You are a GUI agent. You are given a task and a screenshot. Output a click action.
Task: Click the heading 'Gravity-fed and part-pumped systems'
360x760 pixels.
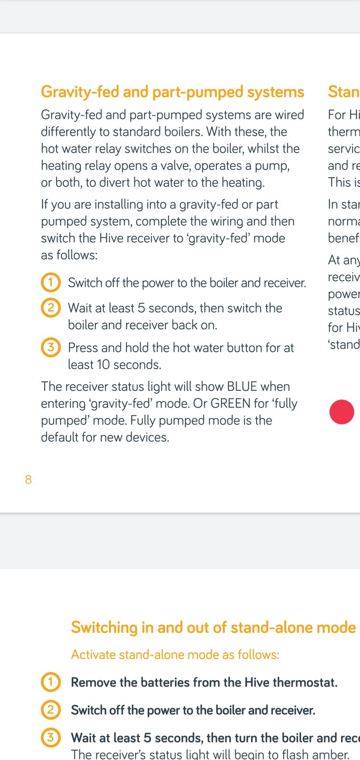pyautogui.click(x=172, y=92)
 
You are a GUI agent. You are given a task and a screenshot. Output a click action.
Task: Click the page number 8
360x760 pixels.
pyautogui.click(x=28, y=479)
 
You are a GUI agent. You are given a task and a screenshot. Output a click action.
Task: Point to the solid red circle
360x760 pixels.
pyautogui.click(x=342, y=412)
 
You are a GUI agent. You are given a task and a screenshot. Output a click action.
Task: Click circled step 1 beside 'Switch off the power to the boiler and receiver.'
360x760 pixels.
pyautogui.click(x=51, y=283)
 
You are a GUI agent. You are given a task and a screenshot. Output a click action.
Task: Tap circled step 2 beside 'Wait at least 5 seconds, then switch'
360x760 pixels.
pyautogui.click(x=51, y=308)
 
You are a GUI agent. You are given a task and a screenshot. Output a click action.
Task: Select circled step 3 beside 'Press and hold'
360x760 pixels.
pyautogui.click(x=51, y=347)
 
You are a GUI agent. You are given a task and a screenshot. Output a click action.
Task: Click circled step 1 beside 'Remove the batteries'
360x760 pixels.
pyautogui.click(x=51, y=682)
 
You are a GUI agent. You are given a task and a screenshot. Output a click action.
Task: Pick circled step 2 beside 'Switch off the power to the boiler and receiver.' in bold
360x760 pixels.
pyautogui.click(x=51, y=710)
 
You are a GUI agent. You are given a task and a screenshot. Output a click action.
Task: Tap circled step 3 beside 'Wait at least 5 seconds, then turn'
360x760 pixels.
pyautogui.click(x=51, y=738)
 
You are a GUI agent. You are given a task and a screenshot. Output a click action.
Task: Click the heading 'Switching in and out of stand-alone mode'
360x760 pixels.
pyautogui.click(x=213, y=627)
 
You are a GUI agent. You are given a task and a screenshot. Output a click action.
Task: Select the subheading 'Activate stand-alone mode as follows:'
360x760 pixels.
pyautogui.click(x=175, y=655)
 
